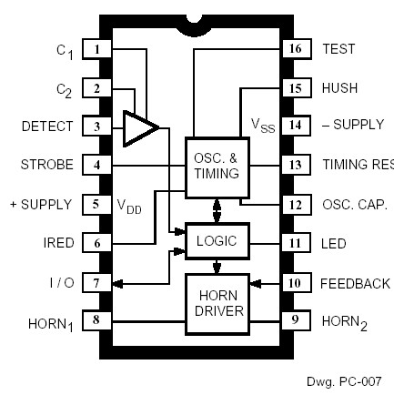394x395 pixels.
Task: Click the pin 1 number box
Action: tap(96, 48)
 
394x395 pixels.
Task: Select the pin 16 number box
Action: tap(295, 48)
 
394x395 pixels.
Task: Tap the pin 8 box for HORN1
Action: tap(96, 319)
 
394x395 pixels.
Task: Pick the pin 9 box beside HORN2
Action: tap(295, 319)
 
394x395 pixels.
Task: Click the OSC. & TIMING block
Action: tap(217, 166)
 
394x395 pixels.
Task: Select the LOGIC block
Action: tap(217, 241)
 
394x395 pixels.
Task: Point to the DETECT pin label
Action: tap(47, 127)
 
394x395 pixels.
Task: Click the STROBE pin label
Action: tap(46, 165)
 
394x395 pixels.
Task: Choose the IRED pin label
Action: tap(59, 243)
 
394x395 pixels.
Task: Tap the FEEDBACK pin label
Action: tap(355, 283)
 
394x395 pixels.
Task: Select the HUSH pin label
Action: tap(339, 88)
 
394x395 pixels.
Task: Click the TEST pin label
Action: tap(338, 49)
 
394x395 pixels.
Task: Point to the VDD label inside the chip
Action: tap(128, 206)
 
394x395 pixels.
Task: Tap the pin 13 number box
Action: tap(295, 165)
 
